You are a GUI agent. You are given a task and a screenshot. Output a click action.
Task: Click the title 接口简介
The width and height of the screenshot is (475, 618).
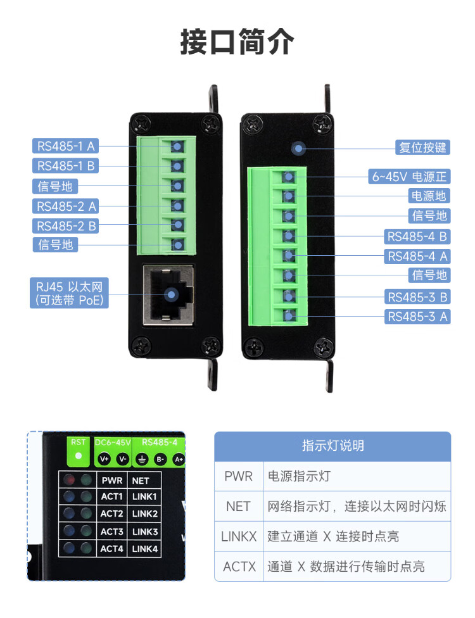(x=237, y=42)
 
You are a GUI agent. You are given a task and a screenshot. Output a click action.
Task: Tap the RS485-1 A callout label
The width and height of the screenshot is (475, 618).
(x=65, y=146)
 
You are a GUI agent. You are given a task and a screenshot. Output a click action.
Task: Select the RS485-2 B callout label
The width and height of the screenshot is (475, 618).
(x=65, y=226)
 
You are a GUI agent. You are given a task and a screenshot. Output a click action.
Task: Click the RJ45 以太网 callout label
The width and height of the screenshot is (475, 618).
(x=70, y=293)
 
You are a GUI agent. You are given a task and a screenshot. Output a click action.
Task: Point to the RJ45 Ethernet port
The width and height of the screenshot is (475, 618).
(x=168, y=295)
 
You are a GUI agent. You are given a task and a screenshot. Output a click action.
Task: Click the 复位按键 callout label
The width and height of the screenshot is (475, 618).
(x=422, y=148)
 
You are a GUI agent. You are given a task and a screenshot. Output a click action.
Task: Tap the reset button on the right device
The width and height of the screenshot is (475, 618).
(x=298, y=148)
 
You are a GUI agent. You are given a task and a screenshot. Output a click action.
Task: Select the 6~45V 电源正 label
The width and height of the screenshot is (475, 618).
(x=409, y=177)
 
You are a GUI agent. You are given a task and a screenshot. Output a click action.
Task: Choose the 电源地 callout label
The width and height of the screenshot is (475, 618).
(x=429, y=196)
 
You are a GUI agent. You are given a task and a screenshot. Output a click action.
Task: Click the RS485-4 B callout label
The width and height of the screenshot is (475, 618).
(x=417, y=236)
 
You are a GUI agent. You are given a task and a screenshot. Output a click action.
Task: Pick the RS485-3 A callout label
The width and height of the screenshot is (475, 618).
(x=417, y=317)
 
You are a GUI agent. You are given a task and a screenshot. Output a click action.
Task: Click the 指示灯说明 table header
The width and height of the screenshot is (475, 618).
(x=332, y=446)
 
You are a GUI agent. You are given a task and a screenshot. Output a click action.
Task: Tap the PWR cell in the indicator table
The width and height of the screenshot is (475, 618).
(x=239, y=476)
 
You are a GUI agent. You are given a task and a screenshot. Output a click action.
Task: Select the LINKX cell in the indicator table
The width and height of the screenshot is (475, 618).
(x=239, y=536)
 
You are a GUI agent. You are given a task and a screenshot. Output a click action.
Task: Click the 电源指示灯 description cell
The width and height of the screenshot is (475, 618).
(x=357, y=476)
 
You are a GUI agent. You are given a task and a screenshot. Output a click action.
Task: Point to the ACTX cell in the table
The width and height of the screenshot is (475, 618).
(x=239, y=566)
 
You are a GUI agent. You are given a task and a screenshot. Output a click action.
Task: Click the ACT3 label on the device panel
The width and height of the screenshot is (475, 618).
(x=112, y=532)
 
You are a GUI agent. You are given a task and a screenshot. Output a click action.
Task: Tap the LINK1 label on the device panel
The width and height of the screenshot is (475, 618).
(x=144, y=496)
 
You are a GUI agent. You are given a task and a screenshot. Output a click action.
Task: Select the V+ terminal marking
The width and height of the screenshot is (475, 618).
(x=104, y=459)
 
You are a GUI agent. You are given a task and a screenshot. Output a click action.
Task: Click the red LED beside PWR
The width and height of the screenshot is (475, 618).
(x=70, y=480)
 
